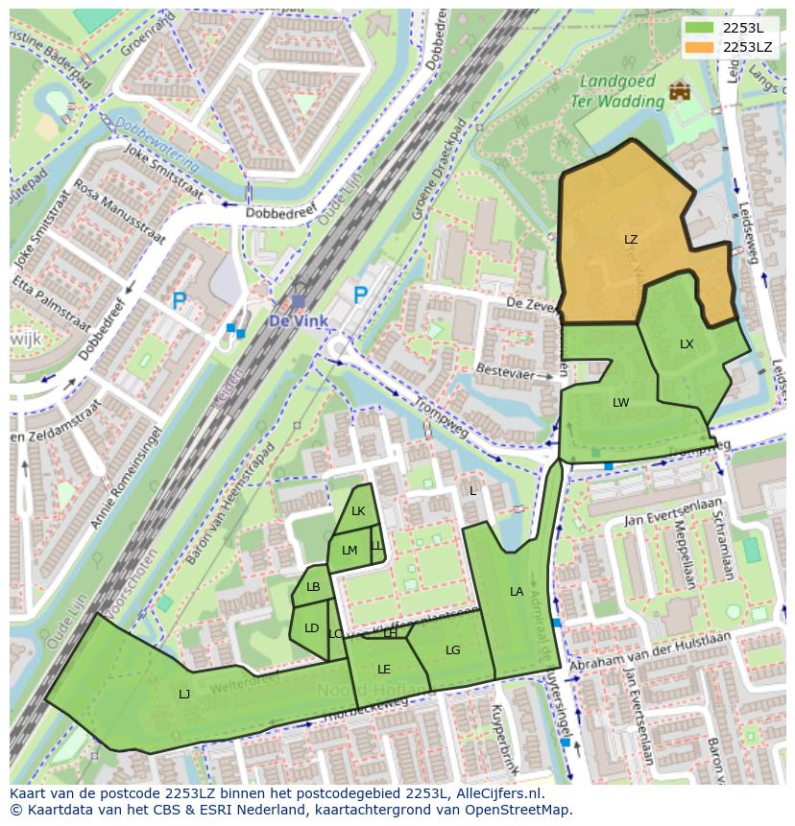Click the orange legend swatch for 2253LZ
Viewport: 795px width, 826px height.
700,46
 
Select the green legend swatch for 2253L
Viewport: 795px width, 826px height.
700,27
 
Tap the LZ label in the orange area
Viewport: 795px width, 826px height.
630,240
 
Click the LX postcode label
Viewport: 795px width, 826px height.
687,344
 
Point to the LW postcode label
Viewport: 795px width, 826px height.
620,403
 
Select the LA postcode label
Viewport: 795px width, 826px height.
517,592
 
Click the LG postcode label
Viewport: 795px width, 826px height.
453,650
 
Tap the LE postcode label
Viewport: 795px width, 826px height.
384,670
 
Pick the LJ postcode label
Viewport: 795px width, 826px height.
184,694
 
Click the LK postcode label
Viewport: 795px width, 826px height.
358,511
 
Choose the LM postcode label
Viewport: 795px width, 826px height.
349,551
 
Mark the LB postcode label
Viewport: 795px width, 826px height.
313,587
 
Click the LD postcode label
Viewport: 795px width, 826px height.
311,629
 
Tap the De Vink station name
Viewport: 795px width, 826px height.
298,320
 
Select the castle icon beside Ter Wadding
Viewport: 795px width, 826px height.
681,92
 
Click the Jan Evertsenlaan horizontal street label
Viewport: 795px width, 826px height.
672,519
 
